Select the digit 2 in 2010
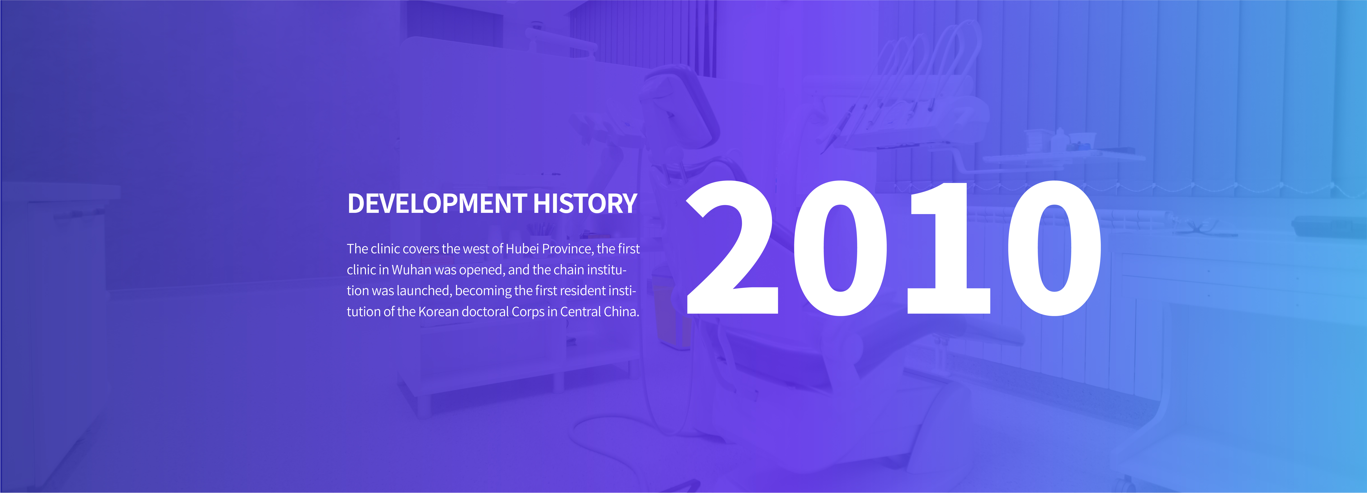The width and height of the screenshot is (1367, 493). pos(732,248)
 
